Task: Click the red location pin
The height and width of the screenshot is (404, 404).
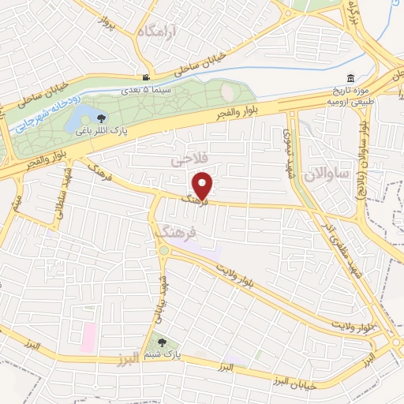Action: pyautogui.click(x=204, y=185)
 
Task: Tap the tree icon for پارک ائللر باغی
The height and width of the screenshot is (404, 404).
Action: pyautogui.click(x=101, y=118)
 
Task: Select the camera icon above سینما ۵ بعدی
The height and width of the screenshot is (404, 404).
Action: pyautogui.click(x=146, y=77)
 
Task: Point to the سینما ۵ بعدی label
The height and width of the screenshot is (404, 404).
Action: pyautogui.click(x=141, y=89)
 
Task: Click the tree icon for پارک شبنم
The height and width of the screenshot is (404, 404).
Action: pyautogui.click(x=162, y=343)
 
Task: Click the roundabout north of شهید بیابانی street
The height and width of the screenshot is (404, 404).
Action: pyautogui.click(x=163, y=251)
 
